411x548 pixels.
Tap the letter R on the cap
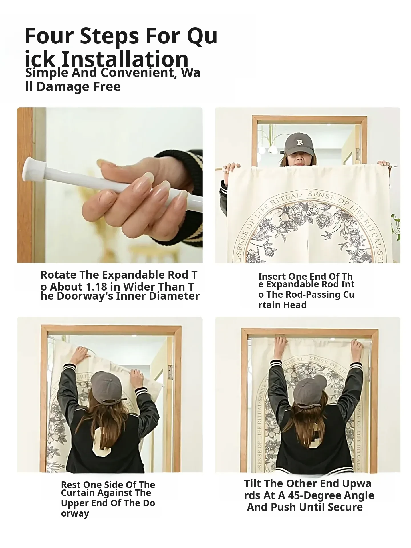click(x=300, y=142)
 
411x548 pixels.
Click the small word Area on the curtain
click(x=273, y=213)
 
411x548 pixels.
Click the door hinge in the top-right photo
click(x=358, y=154)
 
